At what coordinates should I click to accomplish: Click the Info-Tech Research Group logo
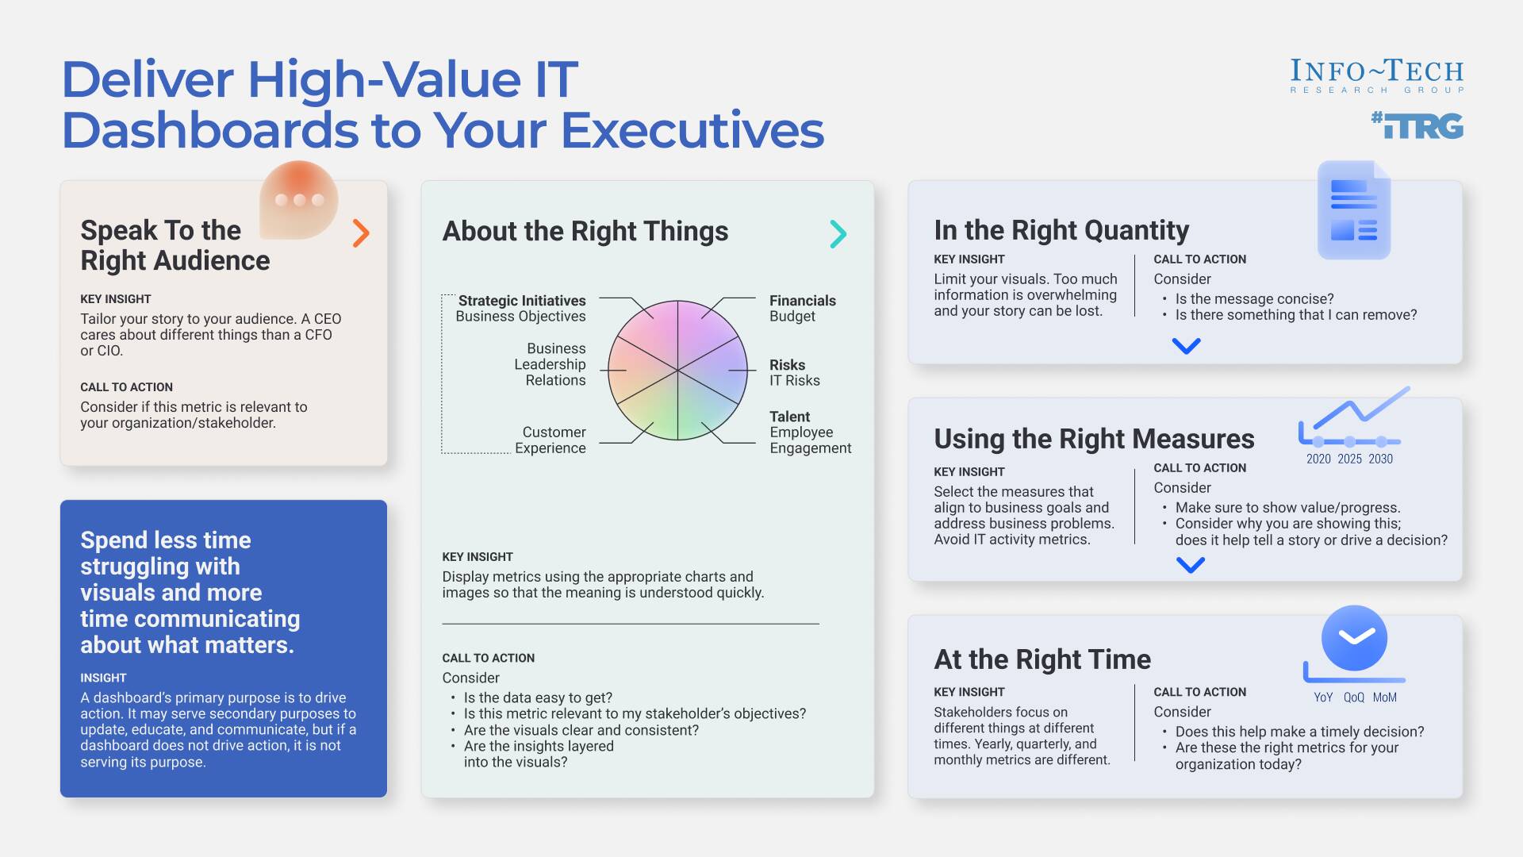[1376, 76]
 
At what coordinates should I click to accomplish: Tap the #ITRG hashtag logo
[1417, 125]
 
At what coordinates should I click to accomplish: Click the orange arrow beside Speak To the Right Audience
[361, 233]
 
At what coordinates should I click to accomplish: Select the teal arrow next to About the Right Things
[838, 234]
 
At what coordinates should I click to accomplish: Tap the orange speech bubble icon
[299, 200]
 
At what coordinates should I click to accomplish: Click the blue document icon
[1353, 210]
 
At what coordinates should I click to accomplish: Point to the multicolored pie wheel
[677, 370]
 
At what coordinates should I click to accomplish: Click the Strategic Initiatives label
[521, 301]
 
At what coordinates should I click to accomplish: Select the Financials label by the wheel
[802, 301]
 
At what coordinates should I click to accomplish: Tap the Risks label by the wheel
[787, 365]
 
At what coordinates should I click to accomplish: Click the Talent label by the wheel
[789, 417]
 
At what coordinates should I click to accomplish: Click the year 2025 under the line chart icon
[1349, 459]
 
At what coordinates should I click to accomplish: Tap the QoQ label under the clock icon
[1353, 698]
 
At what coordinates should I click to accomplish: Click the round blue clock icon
[1354, 638]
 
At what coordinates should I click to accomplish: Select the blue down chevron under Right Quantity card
[1186, 346]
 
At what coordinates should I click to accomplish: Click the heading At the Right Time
[1042, 659]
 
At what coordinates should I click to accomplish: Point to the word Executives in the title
[692, 130]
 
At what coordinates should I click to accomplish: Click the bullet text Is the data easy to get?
[538, 698]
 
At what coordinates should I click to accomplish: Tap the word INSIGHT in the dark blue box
[103, 678]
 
